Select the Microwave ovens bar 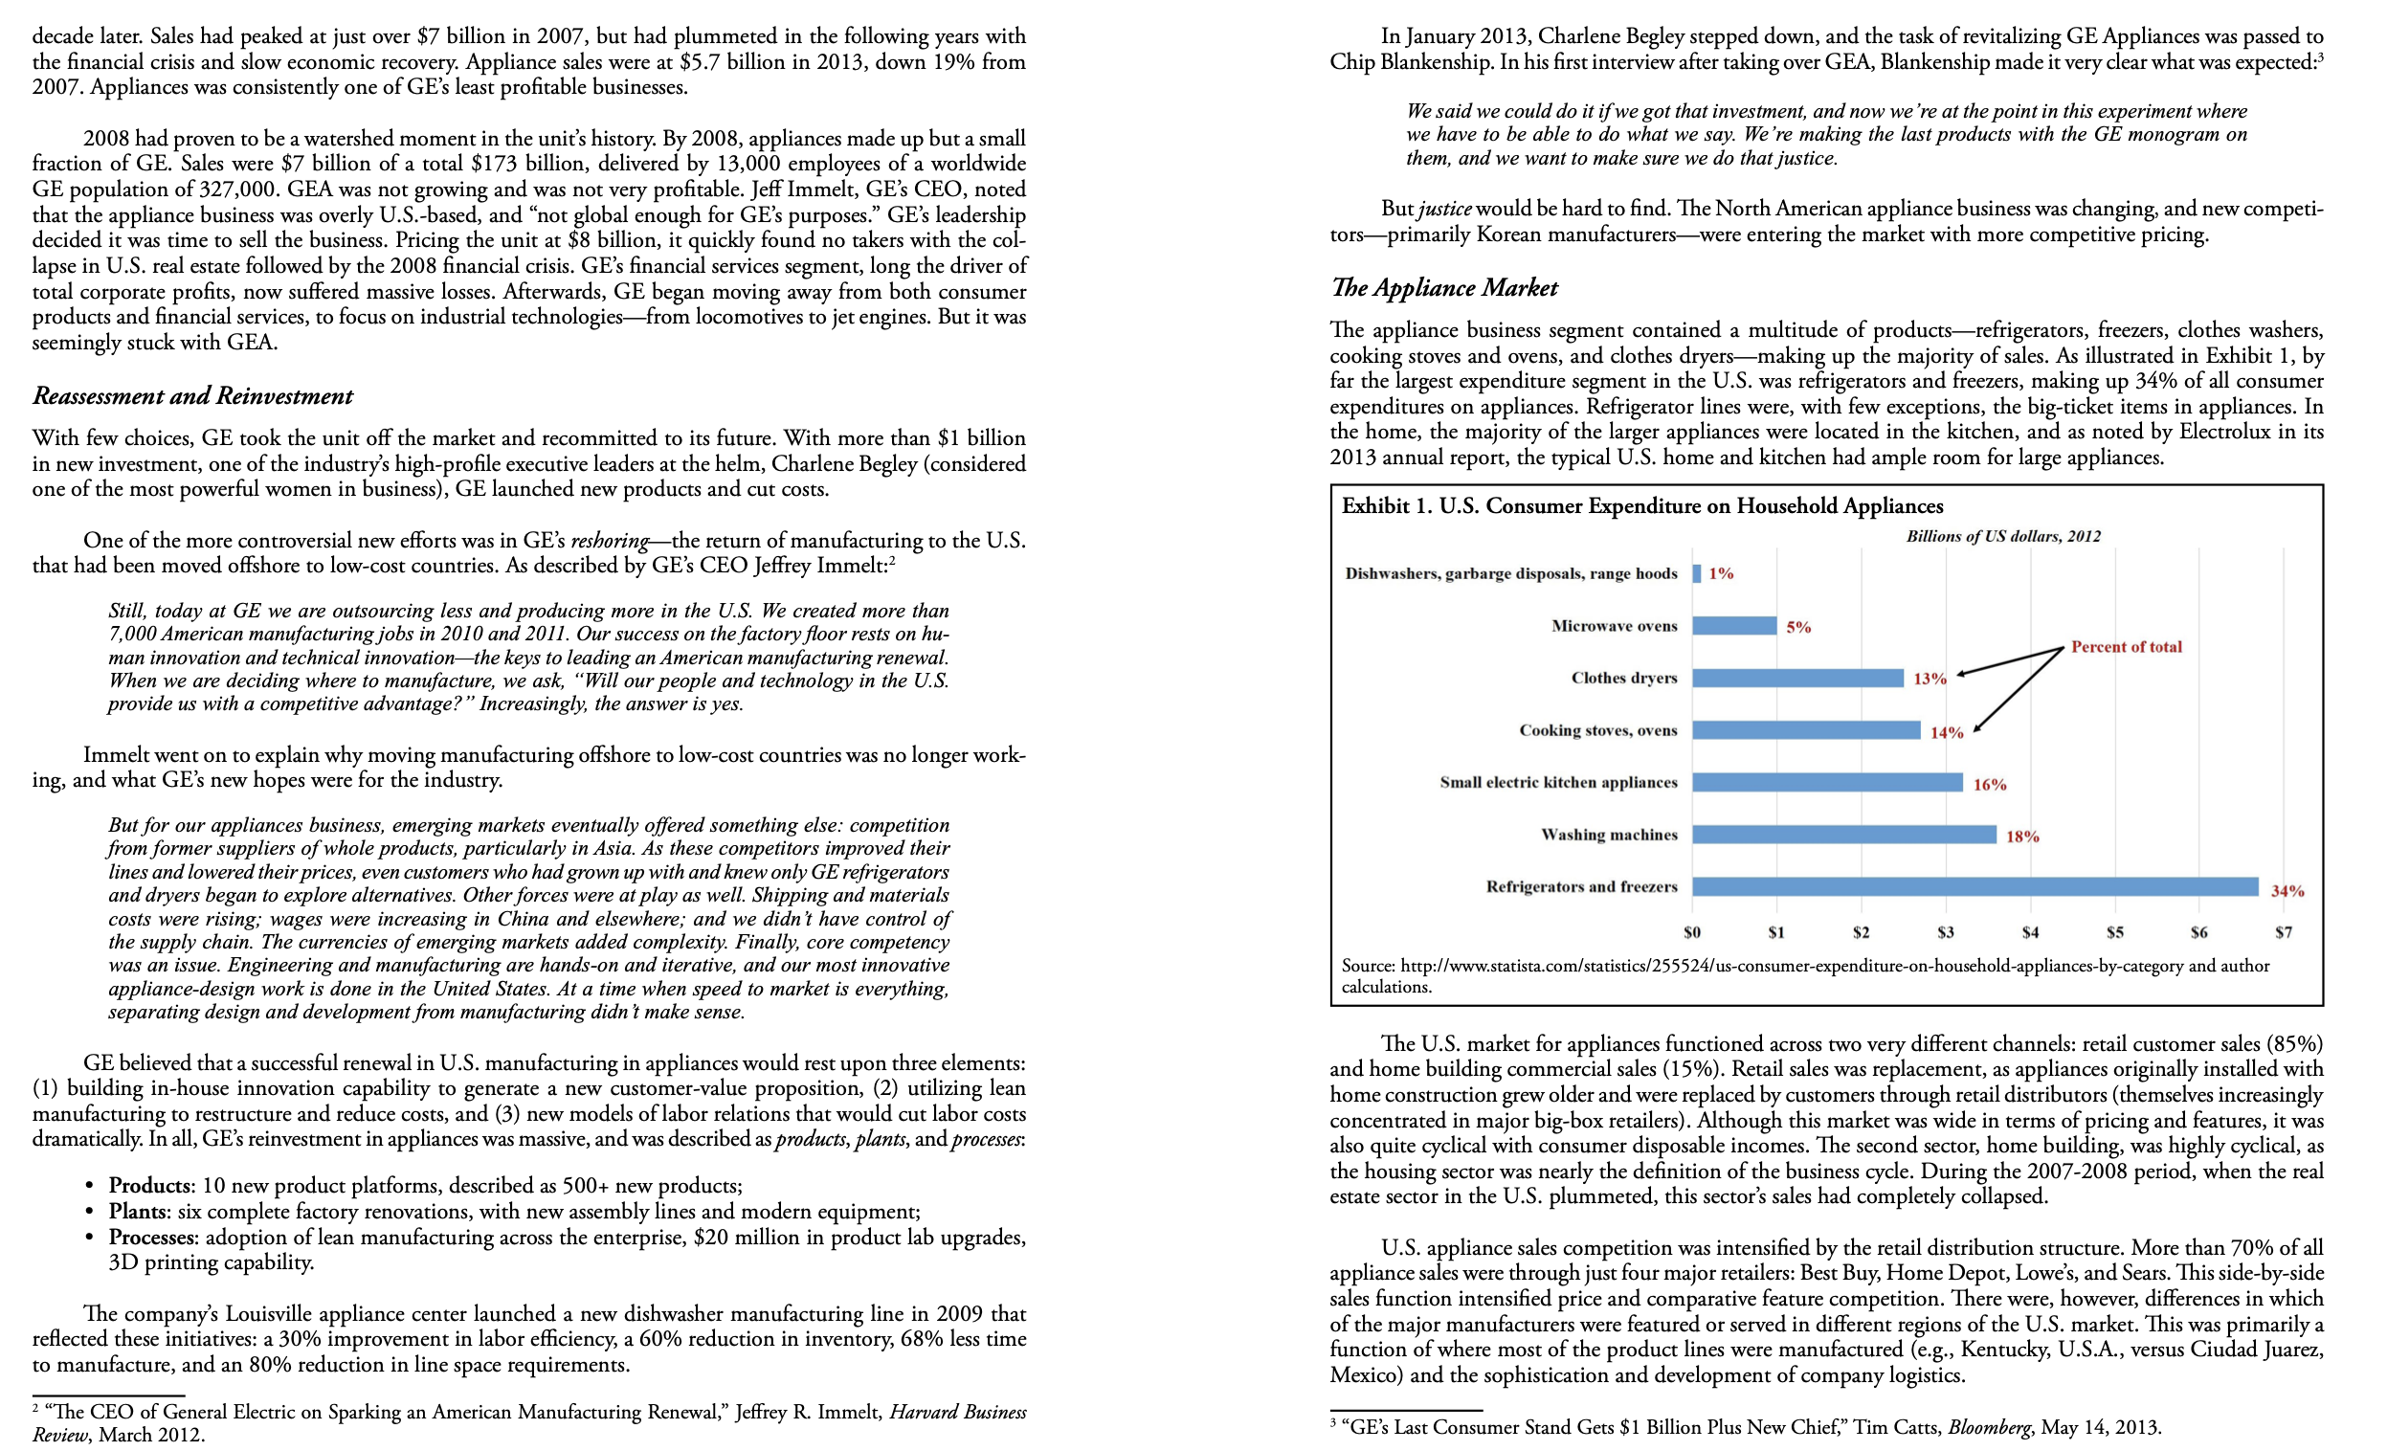[x=1734, y=626]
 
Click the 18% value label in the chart [x=2021, y=836]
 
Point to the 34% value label [x=2287, y=890]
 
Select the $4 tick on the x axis [x=2030, y=932]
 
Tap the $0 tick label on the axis [x=1691, y=932]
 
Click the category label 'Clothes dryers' [x=1623, y=678]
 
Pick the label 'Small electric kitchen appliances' [x=1558, y=783]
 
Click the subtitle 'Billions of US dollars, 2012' [x=2002, y=536]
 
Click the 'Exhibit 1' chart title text [x=1641, y=505]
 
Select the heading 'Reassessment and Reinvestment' [x=192, y=396]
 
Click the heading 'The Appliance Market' [x=1443, y=288]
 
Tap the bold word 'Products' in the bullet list [x=149, y=1186]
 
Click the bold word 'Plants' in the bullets [x=138, y=1211]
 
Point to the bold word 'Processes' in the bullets [x=153, y=1237]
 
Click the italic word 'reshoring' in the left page [x=610, y=541]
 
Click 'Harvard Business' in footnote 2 [x=957, y=1412]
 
